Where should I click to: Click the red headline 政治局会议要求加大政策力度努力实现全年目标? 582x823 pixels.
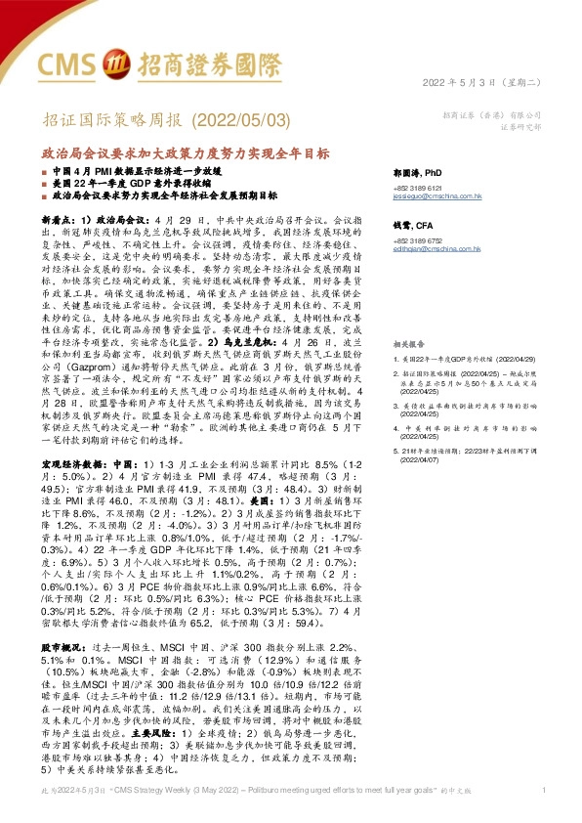tap(185, 153)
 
